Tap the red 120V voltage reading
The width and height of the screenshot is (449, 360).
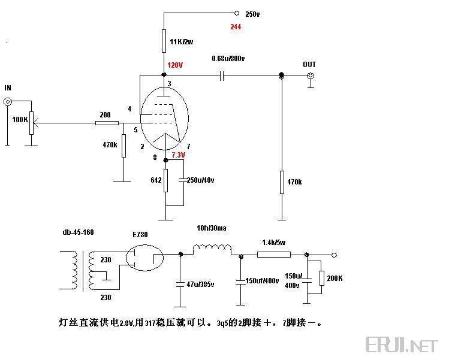[175, 65]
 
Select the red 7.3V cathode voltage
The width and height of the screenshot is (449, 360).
[179, 155]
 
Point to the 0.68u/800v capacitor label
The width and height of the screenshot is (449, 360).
[228, 59]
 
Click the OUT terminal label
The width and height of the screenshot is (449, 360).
[309, 65]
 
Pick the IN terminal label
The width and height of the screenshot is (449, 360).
[8, 88]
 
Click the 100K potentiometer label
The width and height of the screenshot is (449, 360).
[20, 119]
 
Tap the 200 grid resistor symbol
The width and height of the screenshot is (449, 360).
[107, 123]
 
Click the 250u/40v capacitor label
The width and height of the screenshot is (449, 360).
[200, 180]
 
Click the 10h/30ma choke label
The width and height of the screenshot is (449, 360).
[211, 228]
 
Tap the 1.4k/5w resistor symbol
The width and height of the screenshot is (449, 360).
[273, 254]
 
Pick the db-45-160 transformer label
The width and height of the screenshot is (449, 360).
[77, 232]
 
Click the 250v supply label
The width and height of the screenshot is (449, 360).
[252, 13]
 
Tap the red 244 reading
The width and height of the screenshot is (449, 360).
[236, 27]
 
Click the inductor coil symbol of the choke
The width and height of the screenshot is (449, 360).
[212, 248]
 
